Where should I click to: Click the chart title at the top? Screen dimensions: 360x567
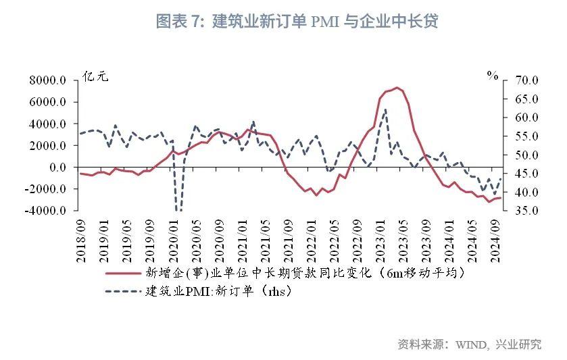click(x=297, y=22)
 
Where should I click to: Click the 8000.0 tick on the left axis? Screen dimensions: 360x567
click(x=47, y=80)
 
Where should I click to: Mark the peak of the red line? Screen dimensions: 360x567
click(x=397, y=88)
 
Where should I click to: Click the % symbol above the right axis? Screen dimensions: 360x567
click(x=492, y=75)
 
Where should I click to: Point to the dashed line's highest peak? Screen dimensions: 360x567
click(x=385, y=109)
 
